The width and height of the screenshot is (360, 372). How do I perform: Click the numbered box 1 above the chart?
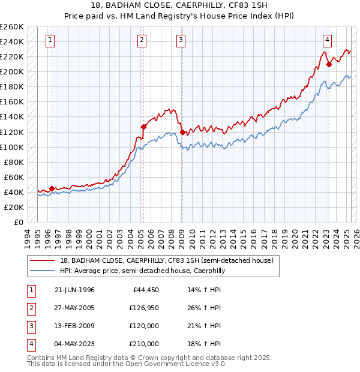tap(49, 40)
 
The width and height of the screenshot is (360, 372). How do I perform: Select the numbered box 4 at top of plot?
tap(328, 40)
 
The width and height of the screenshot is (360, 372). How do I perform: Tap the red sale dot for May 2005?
tap(143, 127)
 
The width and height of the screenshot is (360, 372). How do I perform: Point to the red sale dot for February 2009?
tap(182, 131)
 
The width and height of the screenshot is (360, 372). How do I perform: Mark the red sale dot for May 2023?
tap(329, 64)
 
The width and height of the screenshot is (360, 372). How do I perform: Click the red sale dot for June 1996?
tap(52, 188)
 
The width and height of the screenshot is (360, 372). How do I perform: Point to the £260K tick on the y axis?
tap(12, 27)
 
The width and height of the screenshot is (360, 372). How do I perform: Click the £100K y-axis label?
tap(12, 147)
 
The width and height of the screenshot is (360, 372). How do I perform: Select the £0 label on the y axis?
tap(18, 222)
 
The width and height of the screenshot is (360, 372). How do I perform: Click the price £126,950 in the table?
tap(144, 308)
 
